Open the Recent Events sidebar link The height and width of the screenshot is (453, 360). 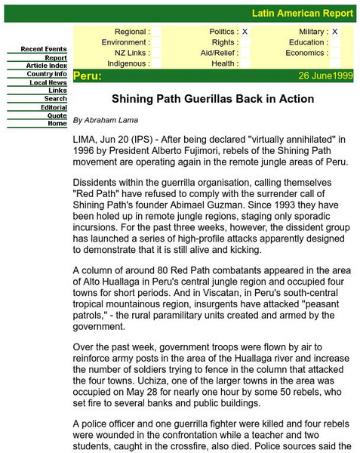(x=43, y=49)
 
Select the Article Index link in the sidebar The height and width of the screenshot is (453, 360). (x=46, y=66)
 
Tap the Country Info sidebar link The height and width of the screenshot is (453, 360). (x=47, y=74)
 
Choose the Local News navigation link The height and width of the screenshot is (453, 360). (x=48, y=82)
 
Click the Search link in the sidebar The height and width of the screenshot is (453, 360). (x=55, y=99)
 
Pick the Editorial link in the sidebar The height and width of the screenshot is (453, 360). (x=54, y=107)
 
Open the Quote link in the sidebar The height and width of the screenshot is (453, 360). (x=57, y=116)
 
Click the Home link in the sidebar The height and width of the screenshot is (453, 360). (x=57, y=123)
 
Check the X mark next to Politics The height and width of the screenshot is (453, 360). (x=245, y=32)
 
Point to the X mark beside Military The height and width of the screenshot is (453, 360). (x=335, y=32)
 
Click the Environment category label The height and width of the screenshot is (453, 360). (x=125, y=42)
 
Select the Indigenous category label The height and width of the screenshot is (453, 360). (x=128, y=63)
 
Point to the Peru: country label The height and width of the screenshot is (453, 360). (x=87, y=76)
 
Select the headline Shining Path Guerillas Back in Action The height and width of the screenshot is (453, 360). (x=213, y=98)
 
